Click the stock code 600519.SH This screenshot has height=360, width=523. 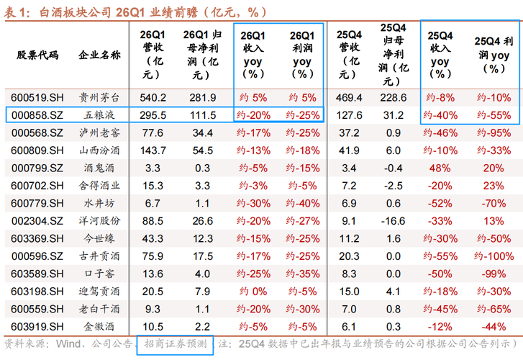point(34,97)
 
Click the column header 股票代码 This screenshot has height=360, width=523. point(37,55)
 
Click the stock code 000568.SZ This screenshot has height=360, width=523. point(34,132)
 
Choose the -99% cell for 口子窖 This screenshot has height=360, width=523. point(493,274)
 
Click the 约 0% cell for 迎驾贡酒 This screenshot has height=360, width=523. point(252,291)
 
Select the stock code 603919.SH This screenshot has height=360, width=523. point(34,326)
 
